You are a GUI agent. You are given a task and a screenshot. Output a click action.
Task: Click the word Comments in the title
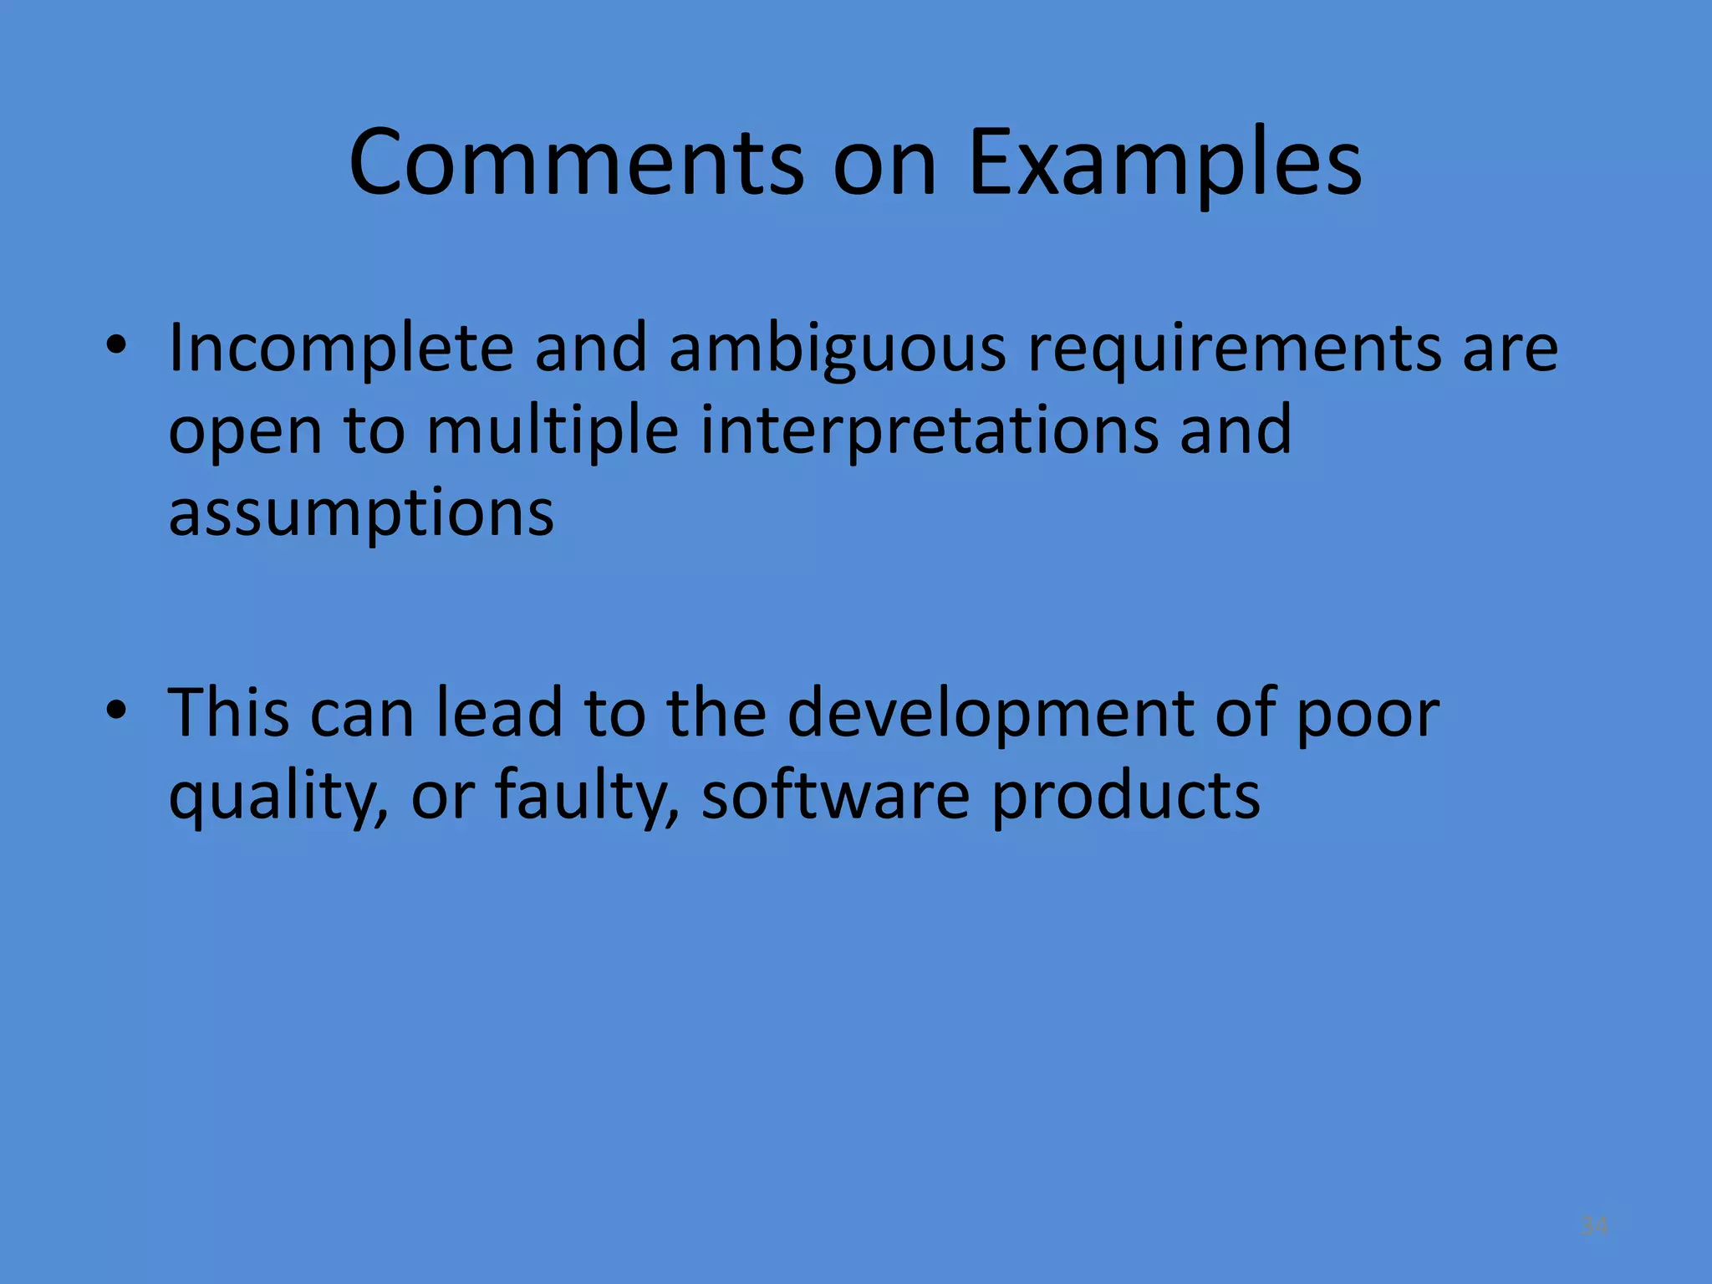click(x=576, y=163)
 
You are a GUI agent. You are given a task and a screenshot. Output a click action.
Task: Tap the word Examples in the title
click(x=1164, y=163)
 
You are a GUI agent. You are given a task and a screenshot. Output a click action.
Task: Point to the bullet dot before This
click(x=116, y=711)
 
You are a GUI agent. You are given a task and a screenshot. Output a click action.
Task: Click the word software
click(x=835, y=794)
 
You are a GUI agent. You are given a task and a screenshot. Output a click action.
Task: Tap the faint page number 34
click(x=1595, y=1226)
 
